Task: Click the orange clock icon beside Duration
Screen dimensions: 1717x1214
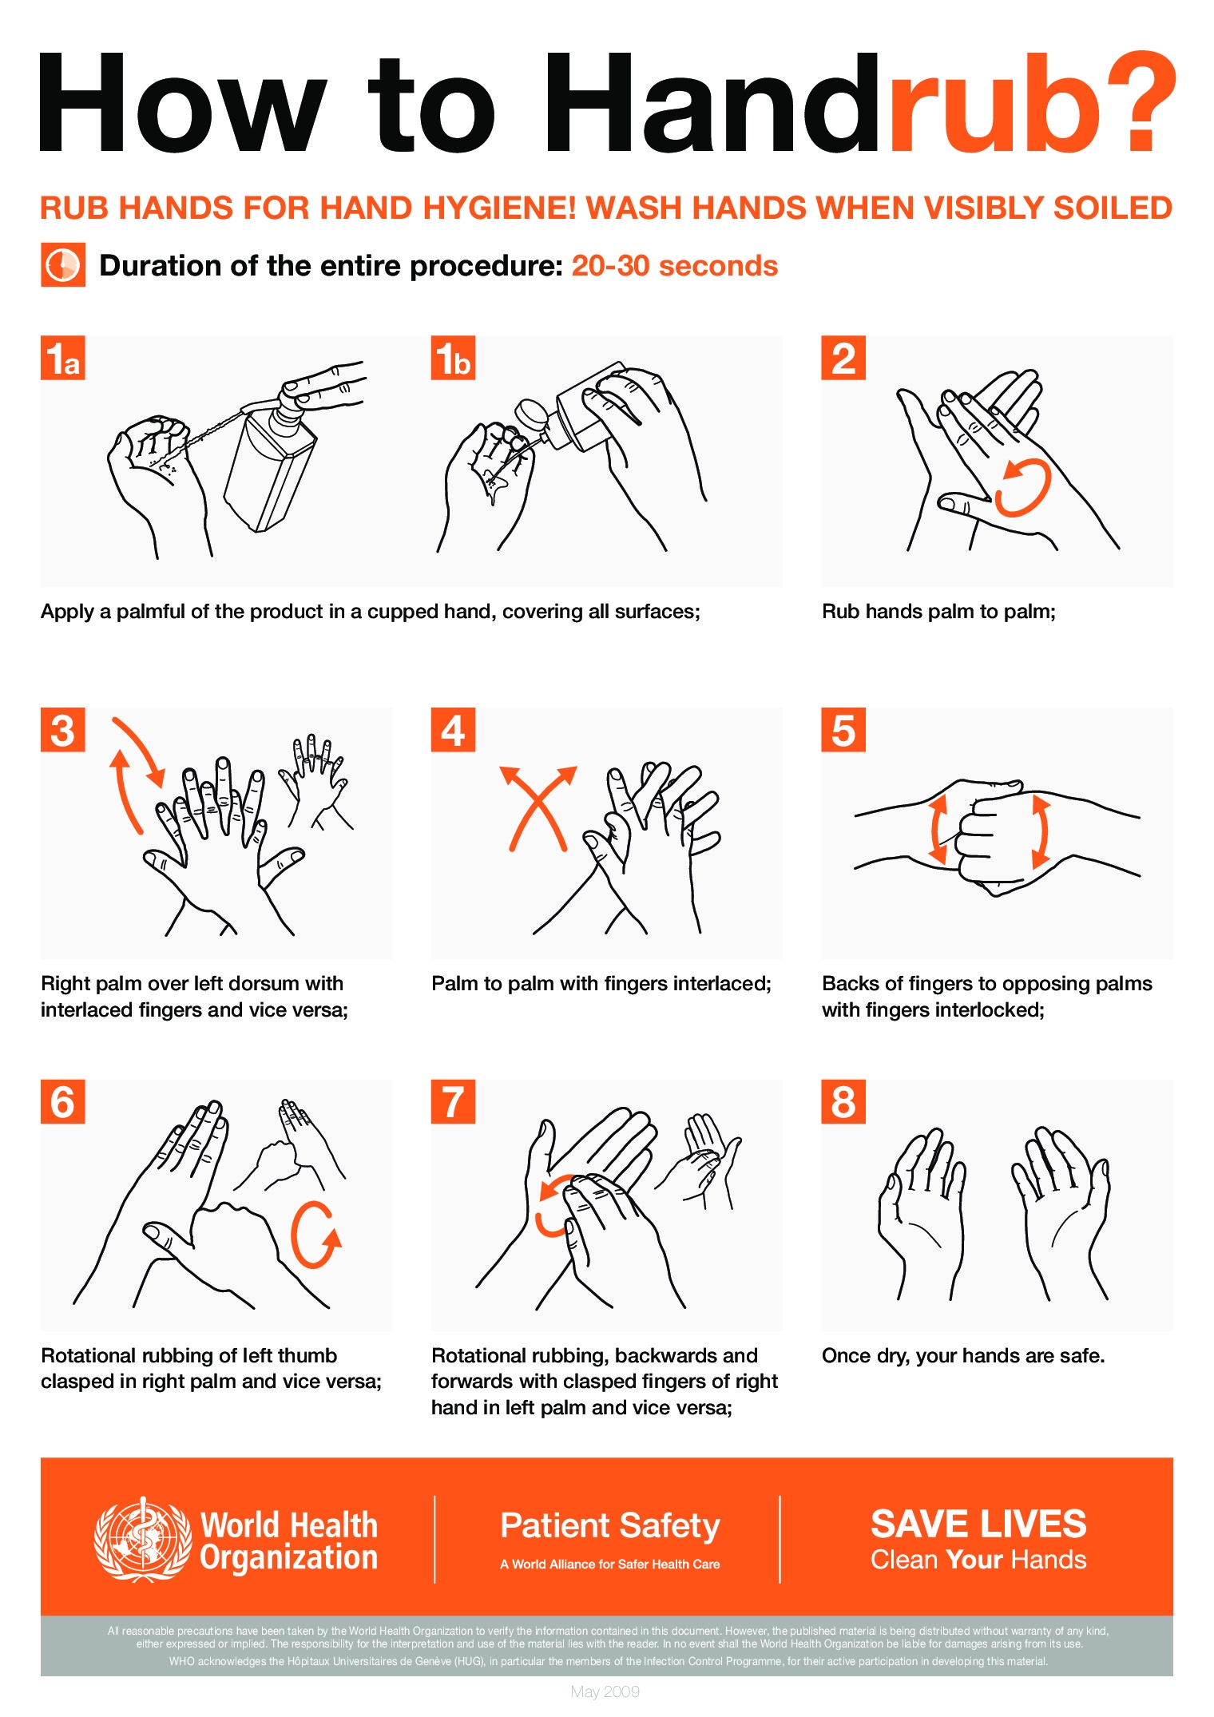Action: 62,265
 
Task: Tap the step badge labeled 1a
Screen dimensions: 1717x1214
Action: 62,358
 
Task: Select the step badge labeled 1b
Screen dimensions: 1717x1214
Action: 453,358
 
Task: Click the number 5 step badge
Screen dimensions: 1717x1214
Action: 843,730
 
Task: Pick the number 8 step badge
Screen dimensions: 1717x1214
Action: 843,1102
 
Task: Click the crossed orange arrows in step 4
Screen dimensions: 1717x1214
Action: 538,807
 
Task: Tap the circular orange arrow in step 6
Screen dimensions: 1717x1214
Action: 314,1234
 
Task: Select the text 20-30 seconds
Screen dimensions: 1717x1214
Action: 674,266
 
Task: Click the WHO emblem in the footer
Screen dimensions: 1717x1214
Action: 142,1540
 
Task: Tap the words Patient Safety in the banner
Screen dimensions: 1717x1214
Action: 609,1525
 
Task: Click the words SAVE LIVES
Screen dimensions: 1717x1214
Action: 978,1524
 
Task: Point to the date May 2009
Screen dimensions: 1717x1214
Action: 605,1691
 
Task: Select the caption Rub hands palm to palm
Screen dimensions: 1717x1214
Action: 938,612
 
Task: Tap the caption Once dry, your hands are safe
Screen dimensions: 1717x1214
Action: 962,1355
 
